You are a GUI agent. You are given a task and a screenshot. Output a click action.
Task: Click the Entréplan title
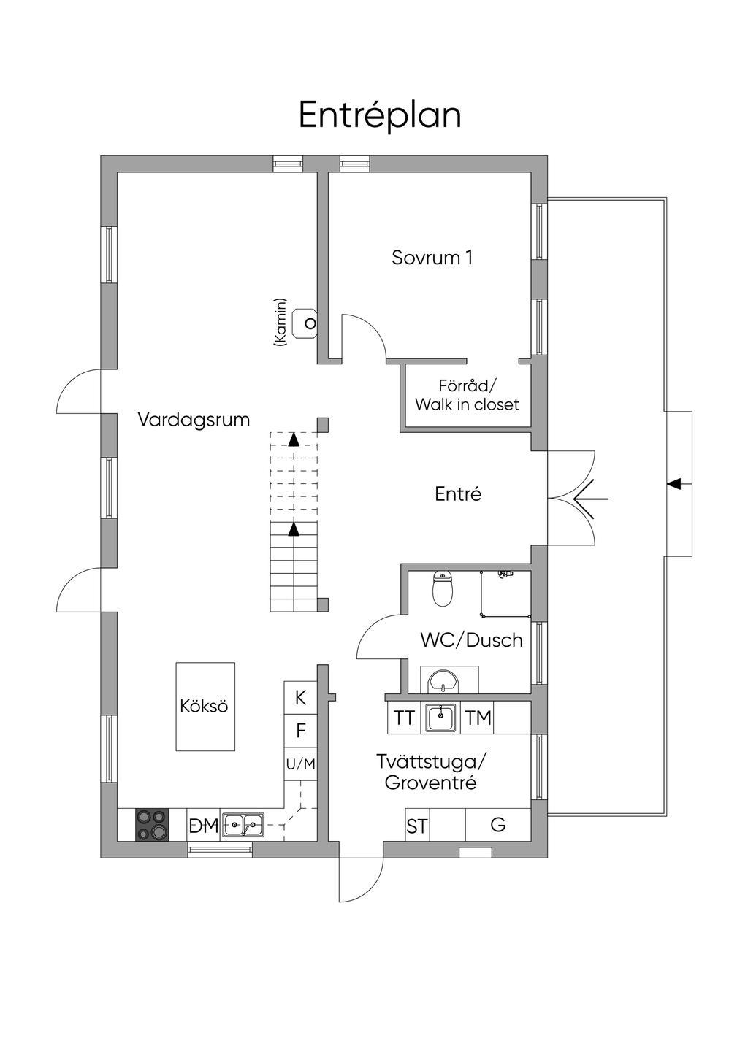[380, 115]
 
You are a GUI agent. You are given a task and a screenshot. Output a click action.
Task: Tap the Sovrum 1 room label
[432, 257]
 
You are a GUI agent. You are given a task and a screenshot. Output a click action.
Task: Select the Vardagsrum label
[194, 420]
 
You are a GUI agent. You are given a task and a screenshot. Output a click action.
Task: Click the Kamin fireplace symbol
[305, 323]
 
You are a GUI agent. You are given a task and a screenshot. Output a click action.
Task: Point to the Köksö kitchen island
[205, 706]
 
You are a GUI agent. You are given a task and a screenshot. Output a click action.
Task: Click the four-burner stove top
[152, 825]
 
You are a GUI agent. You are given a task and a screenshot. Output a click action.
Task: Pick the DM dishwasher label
[204, 826]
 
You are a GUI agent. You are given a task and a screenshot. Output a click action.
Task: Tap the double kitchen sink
[243, 825]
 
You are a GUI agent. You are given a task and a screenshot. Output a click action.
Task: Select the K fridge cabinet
[300, 698]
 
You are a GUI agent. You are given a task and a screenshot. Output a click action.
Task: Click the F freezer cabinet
[300, 731]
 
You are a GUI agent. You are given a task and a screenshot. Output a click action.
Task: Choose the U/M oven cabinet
[300, 764]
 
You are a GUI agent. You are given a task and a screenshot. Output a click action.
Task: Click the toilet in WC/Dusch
[443, 589]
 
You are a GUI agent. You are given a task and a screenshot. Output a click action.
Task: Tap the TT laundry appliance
[404, 718]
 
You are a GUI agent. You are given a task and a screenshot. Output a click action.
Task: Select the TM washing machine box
[478, 718]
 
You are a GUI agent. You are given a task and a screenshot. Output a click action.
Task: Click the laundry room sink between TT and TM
[441, 718]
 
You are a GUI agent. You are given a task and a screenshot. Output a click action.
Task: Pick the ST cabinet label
[417, 826]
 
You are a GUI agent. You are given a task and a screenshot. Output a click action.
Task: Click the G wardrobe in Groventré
[498, 825]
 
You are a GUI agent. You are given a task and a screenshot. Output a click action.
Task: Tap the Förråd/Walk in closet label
[467, 395]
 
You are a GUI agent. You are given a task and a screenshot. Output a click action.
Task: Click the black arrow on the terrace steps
[674, 483]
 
